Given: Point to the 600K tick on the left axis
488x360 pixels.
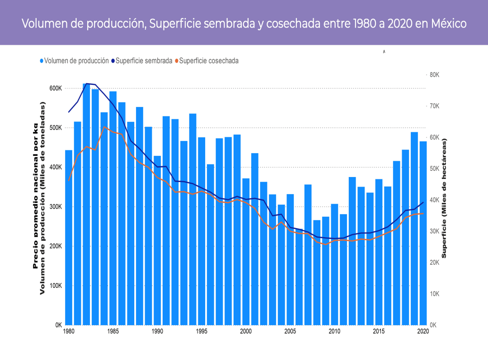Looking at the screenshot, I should [55, 89].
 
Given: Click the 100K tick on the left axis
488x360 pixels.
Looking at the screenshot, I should [55, 286].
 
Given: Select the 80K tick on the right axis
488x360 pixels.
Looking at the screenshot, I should [434, 75].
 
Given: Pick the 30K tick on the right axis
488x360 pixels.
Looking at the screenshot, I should [434, 231].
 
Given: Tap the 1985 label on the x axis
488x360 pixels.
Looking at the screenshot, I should [113, 331].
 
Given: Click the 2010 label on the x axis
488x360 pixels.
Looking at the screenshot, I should [334, 331].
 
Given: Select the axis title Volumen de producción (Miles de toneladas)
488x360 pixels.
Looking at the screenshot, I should [43, 198].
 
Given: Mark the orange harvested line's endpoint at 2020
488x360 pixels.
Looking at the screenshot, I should [423, 213].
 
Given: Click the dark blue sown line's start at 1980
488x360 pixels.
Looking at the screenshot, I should [69, 112].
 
